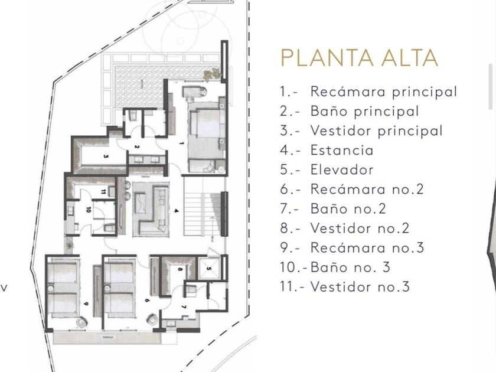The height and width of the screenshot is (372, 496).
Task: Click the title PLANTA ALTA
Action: (x=359, y=58)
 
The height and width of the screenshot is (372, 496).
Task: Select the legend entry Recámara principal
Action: (x=368, y=92)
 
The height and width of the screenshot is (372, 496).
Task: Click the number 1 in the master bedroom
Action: (x=182, y=143)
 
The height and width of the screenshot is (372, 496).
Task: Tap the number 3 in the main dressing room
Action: (x=106, y=156)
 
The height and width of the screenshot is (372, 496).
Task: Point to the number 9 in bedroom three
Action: (x=86, y=304)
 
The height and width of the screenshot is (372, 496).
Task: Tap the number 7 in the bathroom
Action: (x=184, y=307)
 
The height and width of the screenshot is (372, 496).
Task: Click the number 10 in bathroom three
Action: (x=88, y=209)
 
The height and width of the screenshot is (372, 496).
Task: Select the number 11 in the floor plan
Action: (x=103, y=191)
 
